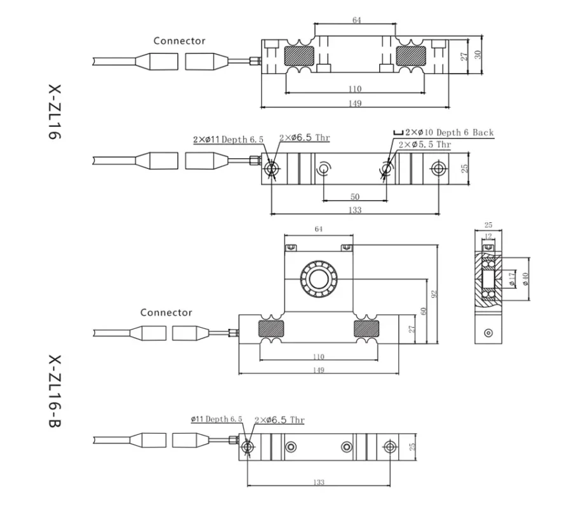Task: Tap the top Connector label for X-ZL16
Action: pyautogui.click(x=179, y=41)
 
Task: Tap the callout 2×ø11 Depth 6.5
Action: pyautogui.click(x=228, y=138)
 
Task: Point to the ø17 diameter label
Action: pyautogui.click(x=512, y=278)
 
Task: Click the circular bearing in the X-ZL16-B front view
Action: pyautogui.click(x=318, y=279)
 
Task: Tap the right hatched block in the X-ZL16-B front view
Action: pyautogui.click(x=368, y=328)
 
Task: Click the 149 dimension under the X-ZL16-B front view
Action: pyautogui.click(x=319, y=370)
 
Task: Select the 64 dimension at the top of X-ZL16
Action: pyautogui.click(x=356, y=20)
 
